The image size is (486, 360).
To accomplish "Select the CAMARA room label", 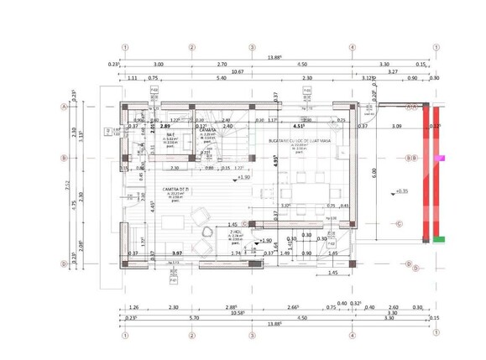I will coord(206,131).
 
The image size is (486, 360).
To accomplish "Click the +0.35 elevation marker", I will coord(401,191).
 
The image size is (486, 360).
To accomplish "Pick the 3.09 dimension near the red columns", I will coord(397,127).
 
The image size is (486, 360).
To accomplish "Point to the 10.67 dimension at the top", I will coord(238,72).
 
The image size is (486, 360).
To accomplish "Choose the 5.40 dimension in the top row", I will coord(222,78).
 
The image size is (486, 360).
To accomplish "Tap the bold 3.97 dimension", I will coord(176,253).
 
